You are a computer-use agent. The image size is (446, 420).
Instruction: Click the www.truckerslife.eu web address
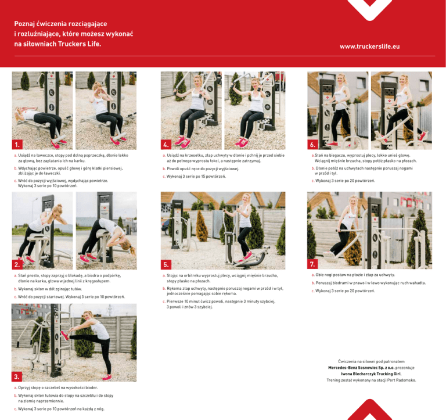coord(369,46)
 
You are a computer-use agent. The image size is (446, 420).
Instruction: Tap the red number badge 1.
coord(17,144)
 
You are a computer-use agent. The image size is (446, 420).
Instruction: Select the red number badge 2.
coord(17,264)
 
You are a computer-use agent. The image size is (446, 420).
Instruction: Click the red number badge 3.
coord(17,376)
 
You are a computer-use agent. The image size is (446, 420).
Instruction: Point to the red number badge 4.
coord(166,144)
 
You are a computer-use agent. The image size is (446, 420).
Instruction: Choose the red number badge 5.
coord(166,264)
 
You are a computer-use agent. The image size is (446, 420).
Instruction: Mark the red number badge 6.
coord(312,144)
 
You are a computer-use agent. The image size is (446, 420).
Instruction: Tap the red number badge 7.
coord(312,264)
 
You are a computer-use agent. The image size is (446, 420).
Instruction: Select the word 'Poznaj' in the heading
coord(24,24)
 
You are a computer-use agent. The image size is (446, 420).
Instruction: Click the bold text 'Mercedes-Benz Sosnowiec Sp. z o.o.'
coord(361,368)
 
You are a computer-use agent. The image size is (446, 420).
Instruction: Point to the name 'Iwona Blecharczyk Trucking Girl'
coord(371,374)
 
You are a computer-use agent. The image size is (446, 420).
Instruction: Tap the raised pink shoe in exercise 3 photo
coord(65,336)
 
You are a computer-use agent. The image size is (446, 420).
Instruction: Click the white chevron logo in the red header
coord(370,9)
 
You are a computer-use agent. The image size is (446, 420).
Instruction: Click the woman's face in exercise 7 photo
coord(353,202)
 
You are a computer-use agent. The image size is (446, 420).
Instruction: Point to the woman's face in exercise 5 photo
coord(246,198)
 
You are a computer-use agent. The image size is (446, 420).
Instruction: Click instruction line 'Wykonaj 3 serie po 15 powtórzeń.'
coord(196,177)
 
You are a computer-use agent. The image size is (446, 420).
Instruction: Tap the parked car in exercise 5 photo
coord(166,227)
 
